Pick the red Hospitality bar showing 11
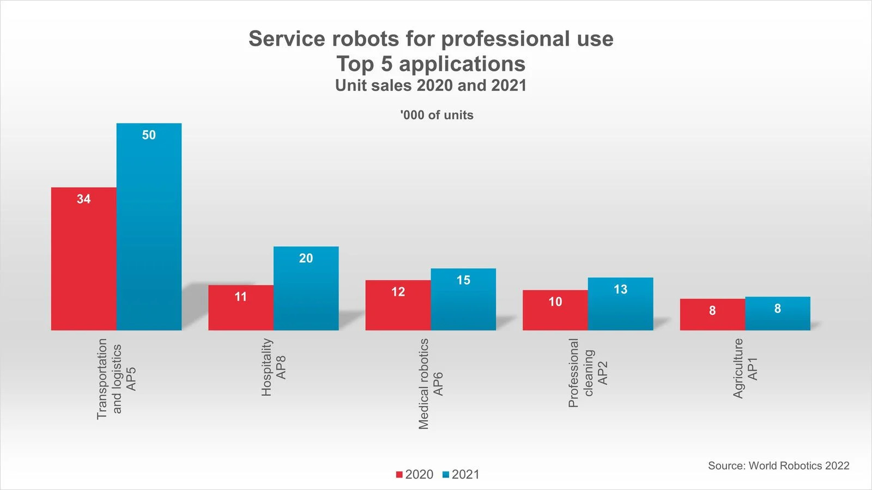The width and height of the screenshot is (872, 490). [240, 310]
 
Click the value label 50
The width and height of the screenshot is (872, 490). [149, 135]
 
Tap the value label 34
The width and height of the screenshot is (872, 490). [83, 199]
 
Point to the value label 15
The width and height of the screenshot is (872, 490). [463, 280]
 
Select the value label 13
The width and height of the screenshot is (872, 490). [620, 290]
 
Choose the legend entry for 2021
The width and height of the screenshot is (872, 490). [461, 474]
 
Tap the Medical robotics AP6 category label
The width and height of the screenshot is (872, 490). [431, 384]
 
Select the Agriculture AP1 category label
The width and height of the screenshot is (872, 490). [745, 369]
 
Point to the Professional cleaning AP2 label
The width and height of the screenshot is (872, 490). [588, 373]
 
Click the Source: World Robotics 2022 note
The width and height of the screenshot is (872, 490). [778, 465]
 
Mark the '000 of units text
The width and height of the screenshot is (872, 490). [437, 115]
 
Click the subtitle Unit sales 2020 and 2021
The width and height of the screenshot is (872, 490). [431, 85]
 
